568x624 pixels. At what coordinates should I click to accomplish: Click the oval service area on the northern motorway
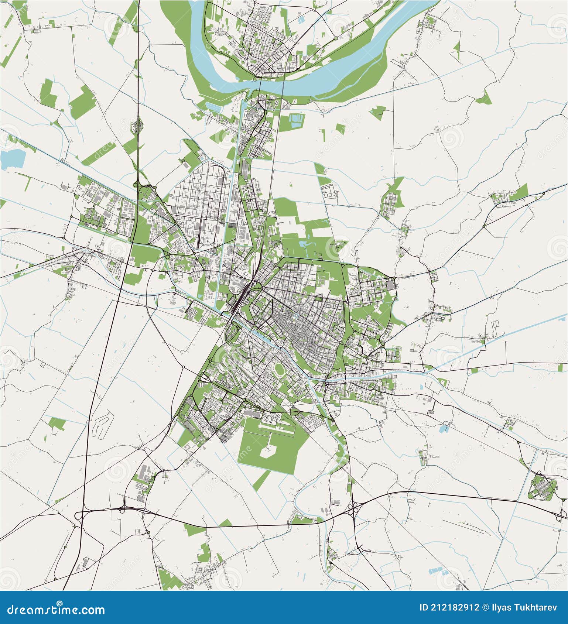click(x=139, y=124)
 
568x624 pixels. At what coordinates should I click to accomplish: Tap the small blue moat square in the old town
click(x=296, y=317)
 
